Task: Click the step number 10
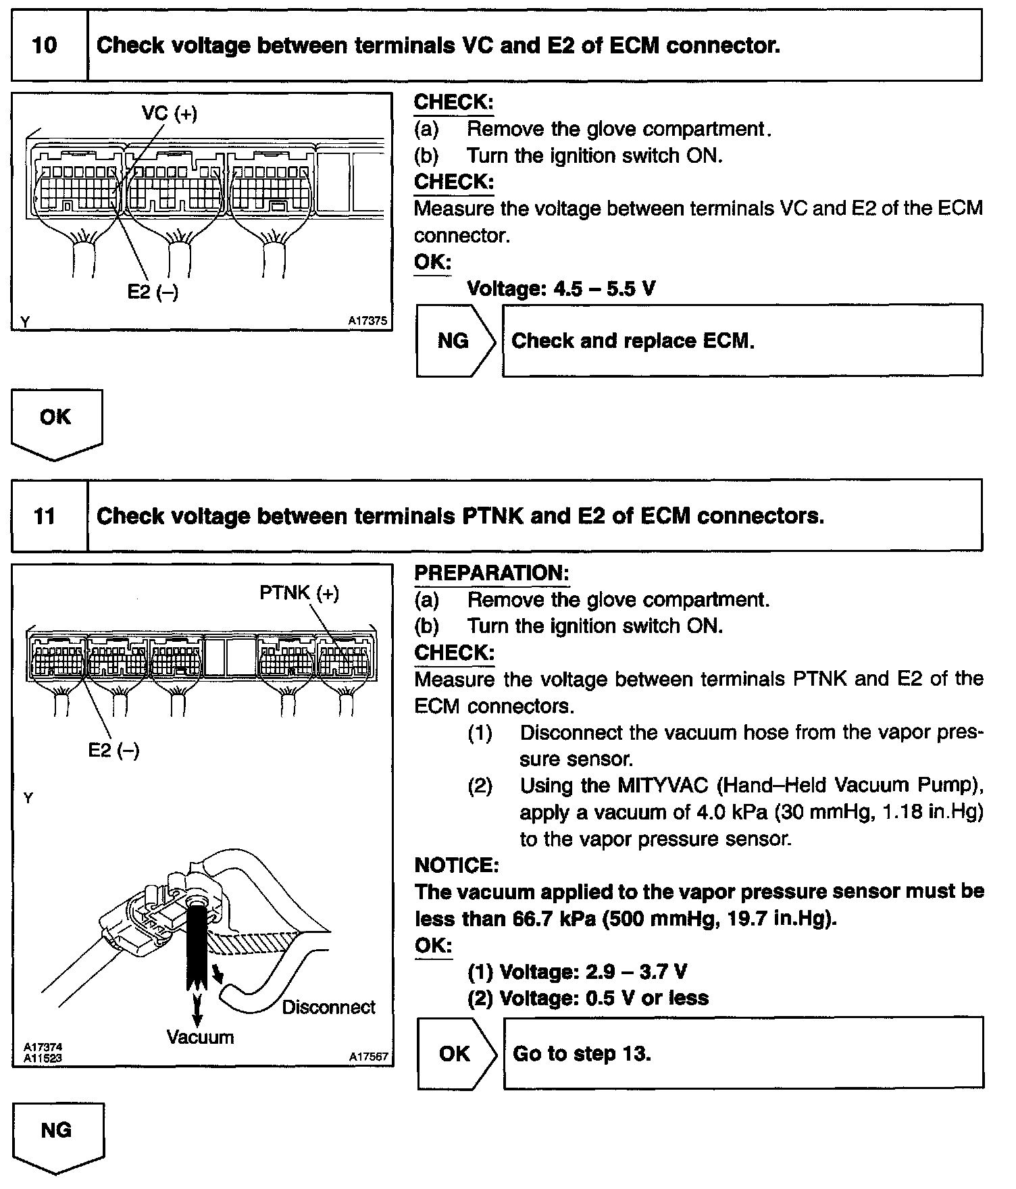point(45,46)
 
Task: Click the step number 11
point(45,517)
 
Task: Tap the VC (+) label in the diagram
point(170,113)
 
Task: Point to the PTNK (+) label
point(299,593)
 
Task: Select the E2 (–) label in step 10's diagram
point(153,292)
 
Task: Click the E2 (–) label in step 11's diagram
point(113,750)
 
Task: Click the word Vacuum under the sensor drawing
point(200,1037)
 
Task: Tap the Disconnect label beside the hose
point(328,1007)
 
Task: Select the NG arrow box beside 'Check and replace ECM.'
point(454,340)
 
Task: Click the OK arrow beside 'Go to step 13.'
point(455,1053)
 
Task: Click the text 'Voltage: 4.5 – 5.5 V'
point(561,289)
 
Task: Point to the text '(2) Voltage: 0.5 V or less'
point(588,998)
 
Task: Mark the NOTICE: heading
point(456,865)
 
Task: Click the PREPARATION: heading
point(491,573)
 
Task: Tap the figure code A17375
point(367,322)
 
